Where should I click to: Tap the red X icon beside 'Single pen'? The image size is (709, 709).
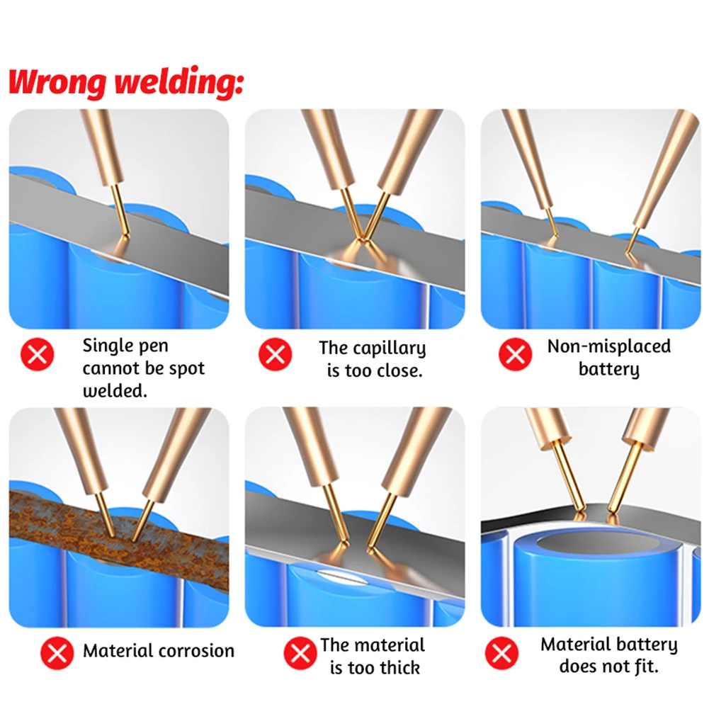[x=38, y=354]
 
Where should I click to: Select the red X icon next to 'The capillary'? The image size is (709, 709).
[x=276, y=354]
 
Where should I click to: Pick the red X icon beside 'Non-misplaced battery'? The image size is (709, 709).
[x=516, y=354]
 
